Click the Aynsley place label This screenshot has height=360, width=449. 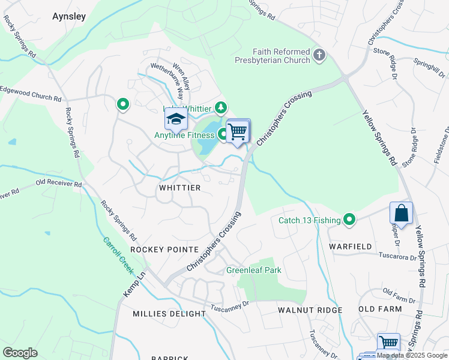69,17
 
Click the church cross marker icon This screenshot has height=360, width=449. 319,56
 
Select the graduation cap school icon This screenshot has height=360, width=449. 176,120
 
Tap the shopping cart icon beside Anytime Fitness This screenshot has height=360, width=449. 238,131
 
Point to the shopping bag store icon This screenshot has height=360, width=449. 401,213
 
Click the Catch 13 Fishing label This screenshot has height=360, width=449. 309,220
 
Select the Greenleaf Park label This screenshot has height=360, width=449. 253,270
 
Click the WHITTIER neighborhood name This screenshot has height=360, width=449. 179,188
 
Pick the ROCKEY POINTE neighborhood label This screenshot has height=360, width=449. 164,250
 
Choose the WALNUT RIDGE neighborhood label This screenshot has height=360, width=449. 310,310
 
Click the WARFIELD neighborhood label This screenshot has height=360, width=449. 350,247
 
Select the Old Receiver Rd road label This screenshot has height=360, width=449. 58,183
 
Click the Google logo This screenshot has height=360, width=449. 20,353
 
